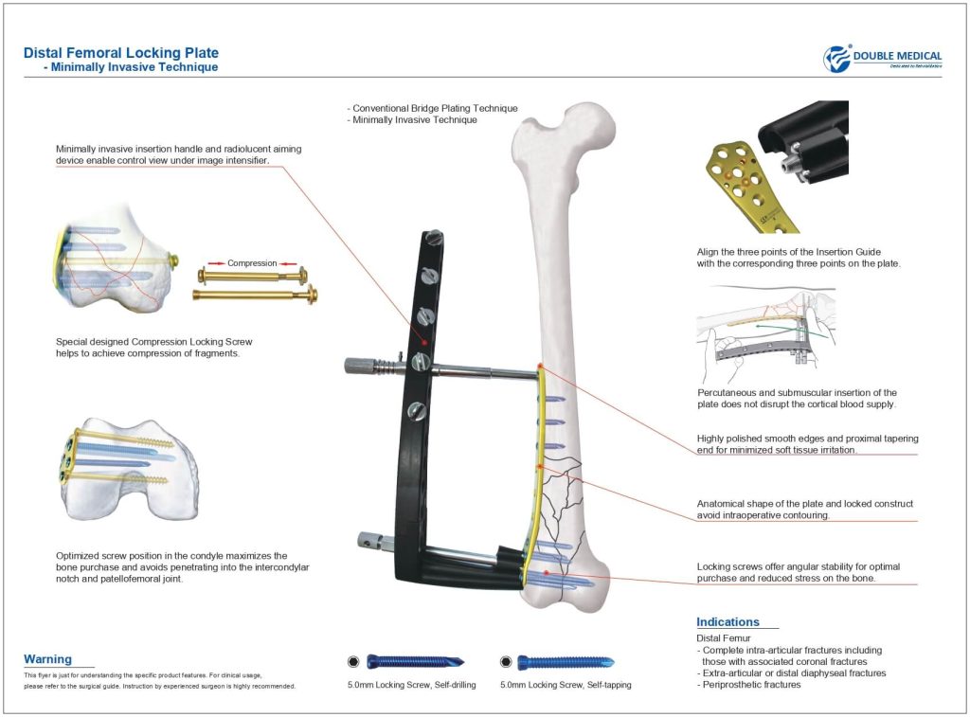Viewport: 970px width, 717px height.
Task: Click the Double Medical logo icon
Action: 837,59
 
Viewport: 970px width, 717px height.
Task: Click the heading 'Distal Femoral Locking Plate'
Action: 120,53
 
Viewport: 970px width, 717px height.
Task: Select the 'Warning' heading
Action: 47,659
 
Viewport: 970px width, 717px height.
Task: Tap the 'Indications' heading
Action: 727,622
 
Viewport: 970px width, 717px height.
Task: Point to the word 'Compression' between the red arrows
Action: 252,263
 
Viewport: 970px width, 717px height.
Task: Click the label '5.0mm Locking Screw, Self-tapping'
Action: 566,684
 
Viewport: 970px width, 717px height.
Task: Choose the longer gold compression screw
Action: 255,295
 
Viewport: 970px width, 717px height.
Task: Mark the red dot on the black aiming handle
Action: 424,342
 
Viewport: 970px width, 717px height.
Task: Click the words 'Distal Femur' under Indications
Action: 724,639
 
